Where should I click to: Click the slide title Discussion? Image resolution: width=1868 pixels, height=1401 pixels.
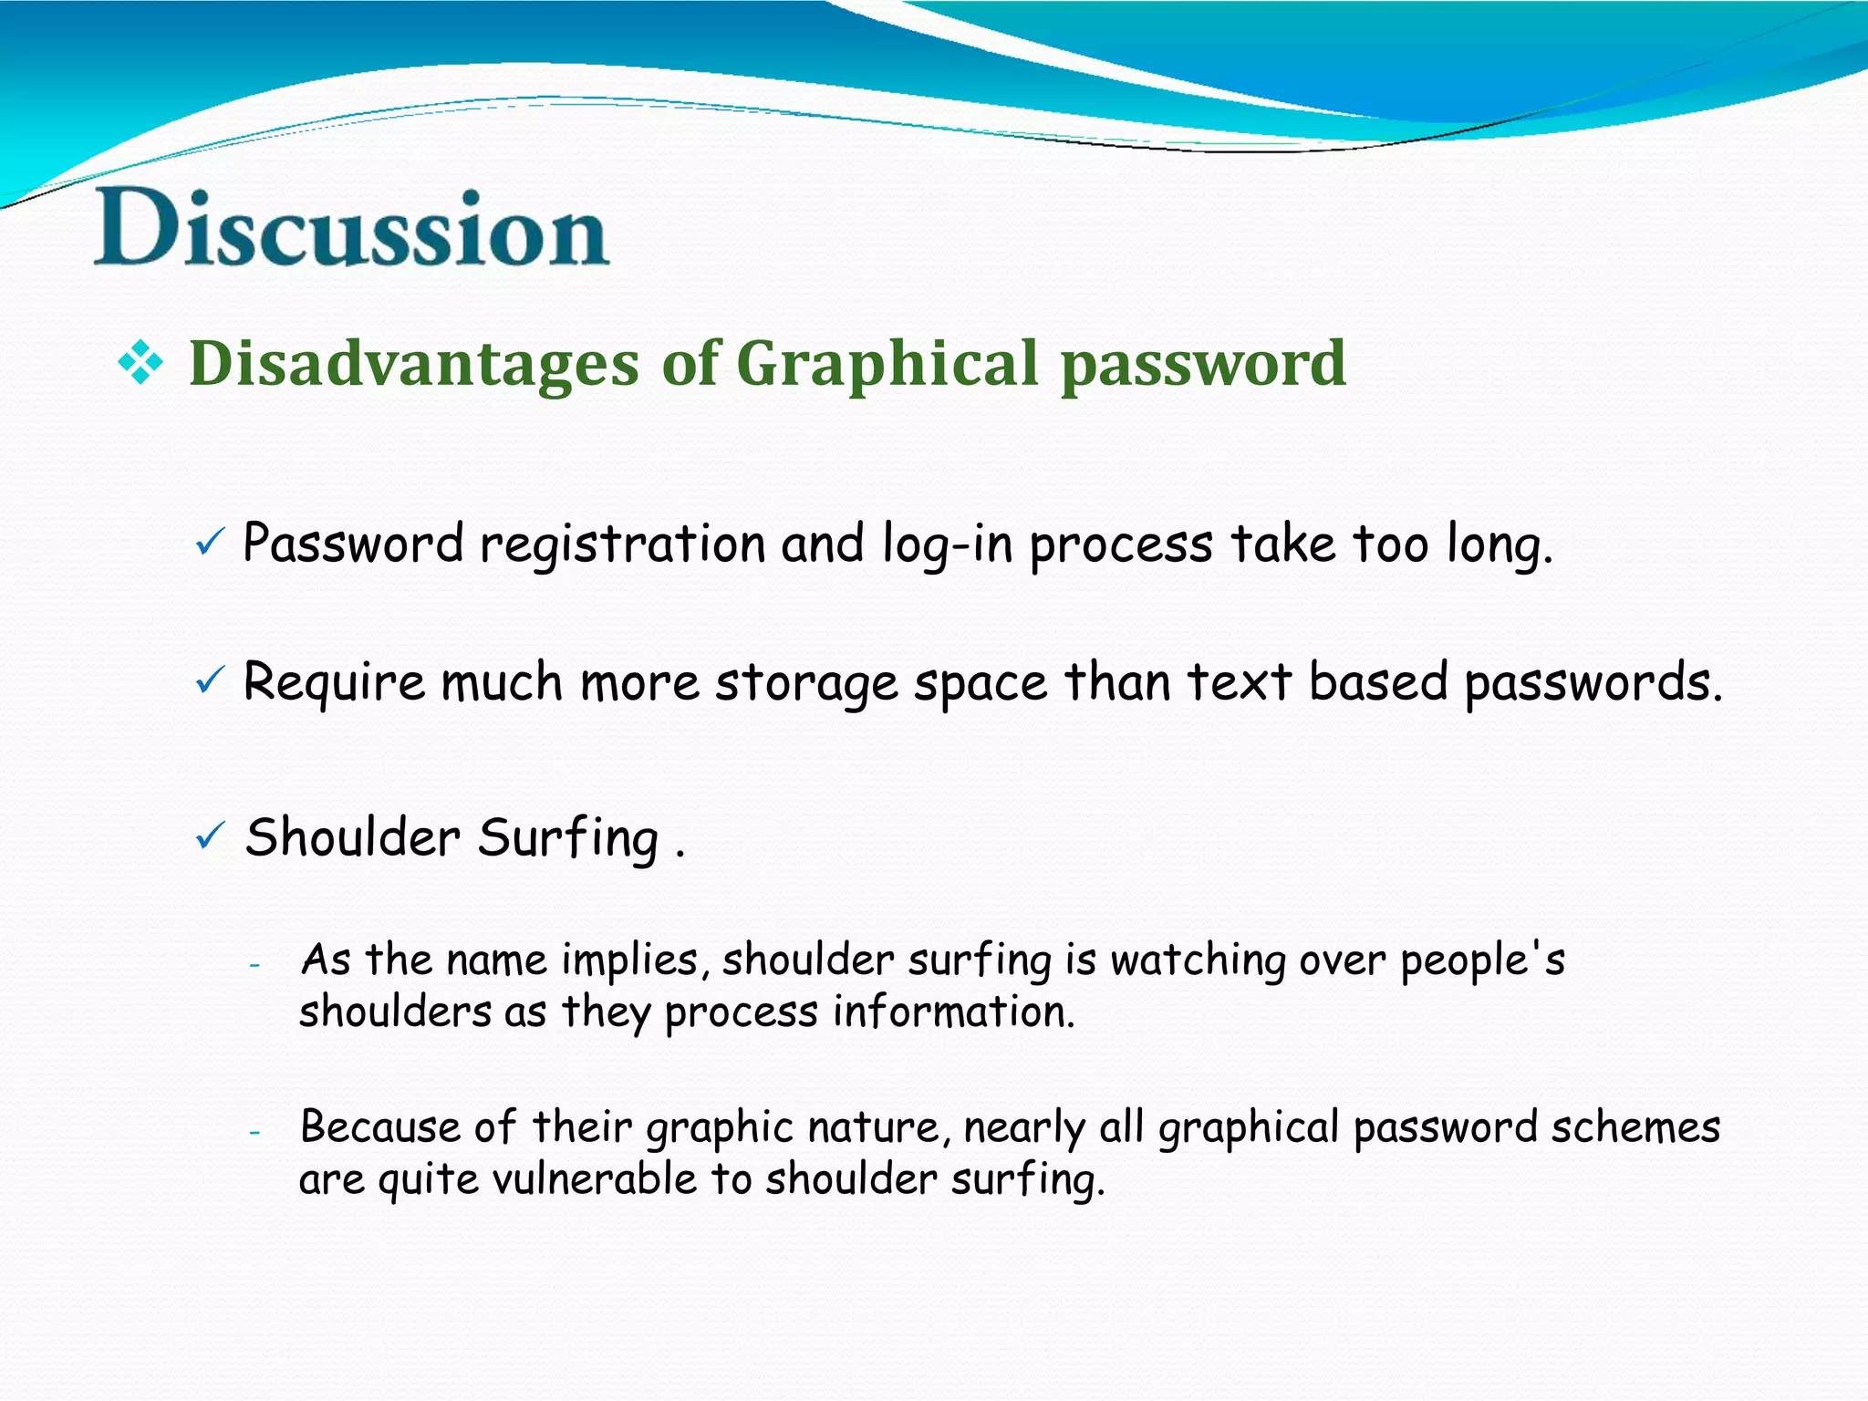351,228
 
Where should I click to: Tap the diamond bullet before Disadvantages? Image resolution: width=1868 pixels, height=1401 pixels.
140,364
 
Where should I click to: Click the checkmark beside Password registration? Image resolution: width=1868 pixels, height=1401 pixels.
210,544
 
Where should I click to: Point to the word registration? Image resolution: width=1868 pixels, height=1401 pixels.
622,545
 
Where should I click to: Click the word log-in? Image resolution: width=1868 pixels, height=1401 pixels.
948,545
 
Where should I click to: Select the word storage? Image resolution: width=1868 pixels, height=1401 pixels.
806,683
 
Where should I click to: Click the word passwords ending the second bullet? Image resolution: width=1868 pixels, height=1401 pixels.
1593,683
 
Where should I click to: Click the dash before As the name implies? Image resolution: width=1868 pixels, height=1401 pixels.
255,964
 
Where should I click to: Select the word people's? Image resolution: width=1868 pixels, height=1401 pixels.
1482,961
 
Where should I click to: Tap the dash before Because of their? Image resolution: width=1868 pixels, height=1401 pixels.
255,1132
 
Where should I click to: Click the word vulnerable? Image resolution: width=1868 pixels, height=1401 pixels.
595,1178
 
